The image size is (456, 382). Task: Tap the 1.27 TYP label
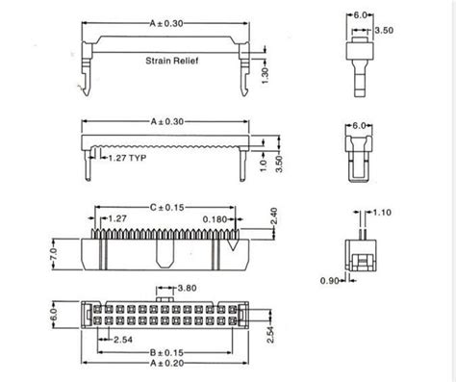point(127,157)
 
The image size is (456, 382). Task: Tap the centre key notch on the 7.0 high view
point(165,255)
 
